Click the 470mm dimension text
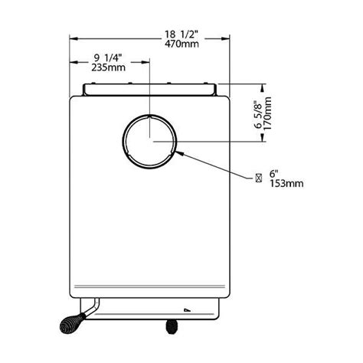point(181,44)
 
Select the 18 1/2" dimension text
point(181,34)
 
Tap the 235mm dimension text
point(109,67)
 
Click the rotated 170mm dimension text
point(267,113)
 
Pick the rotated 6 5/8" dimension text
point(258,116)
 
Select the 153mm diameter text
point(286,183)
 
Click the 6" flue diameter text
point(274,174)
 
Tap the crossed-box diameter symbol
point(259,178)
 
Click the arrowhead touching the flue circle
point(179,153)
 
